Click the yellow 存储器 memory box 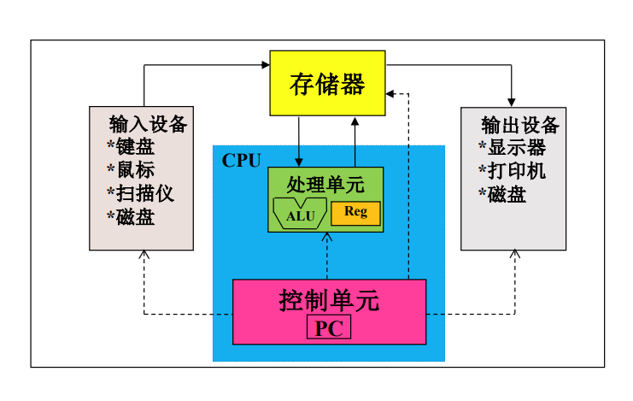point(327,84)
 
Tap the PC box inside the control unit point(328,327)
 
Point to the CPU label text point(241,161)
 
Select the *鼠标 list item point(131,169)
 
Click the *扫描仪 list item point(140,193)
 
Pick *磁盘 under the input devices point(131,216)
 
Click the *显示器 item point(512,148)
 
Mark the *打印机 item point(512,171)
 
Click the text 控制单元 point(329,300)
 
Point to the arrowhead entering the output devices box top point(513,102)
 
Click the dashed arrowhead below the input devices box point(144,255)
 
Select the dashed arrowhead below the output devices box point(515,255)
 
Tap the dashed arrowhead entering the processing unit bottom point(326,238)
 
